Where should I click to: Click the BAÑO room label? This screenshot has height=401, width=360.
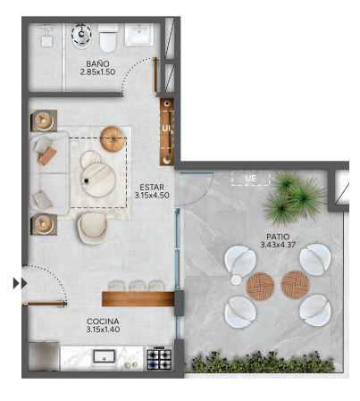click(x=97, y=63)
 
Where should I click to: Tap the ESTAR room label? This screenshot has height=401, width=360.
click(x=152, y=188)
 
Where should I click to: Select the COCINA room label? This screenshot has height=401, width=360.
click(x=103, y=322)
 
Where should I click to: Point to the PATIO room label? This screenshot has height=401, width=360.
click(x=278, y=237)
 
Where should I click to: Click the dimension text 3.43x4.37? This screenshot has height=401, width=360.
click(x=278, y=245)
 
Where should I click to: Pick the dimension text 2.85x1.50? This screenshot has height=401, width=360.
click(x=97, y=71)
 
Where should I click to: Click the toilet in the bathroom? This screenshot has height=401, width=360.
click(x=108, y=38)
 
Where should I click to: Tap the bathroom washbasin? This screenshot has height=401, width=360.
click(x=139, y=34)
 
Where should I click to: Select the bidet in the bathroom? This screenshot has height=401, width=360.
click(x=81, y=36)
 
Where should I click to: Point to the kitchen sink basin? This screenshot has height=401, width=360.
click(x=105, y=356)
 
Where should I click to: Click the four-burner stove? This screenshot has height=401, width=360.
click(x=160, y=358)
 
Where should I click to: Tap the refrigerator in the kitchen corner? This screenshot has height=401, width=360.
click(x=44, y=356)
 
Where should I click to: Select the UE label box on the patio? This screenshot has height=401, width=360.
click(x=250, y=179)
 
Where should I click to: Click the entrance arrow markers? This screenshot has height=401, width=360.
click(x=20, y=283)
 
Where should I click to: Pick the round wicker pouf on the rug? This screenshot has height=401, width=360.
click(x=113, y=139)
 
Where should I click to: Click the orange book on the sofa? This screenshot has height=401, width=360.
click(x=47, y=156)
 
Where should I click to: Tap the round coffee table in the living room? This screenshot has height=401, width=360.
click(x=99, y=180)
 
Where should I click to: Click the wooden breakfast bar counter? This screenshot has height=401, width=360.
click(x=138, y=299)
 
